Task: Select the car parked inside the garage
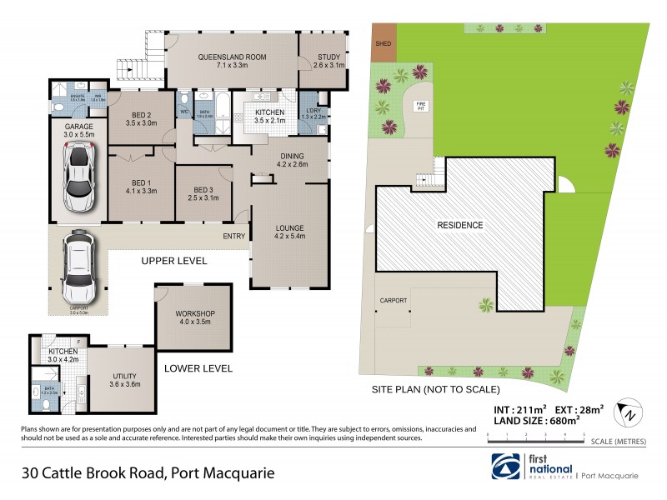pos(76,177)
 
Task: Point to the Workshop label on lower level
pos(195,317)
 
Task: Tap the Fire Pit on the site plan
pos(421,106)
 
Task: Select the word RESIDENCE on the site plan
pos(460,225)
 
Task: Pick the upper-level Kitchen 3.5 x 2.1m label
pos(268,117)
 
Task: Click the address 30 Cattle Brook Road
pos(148,473)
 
